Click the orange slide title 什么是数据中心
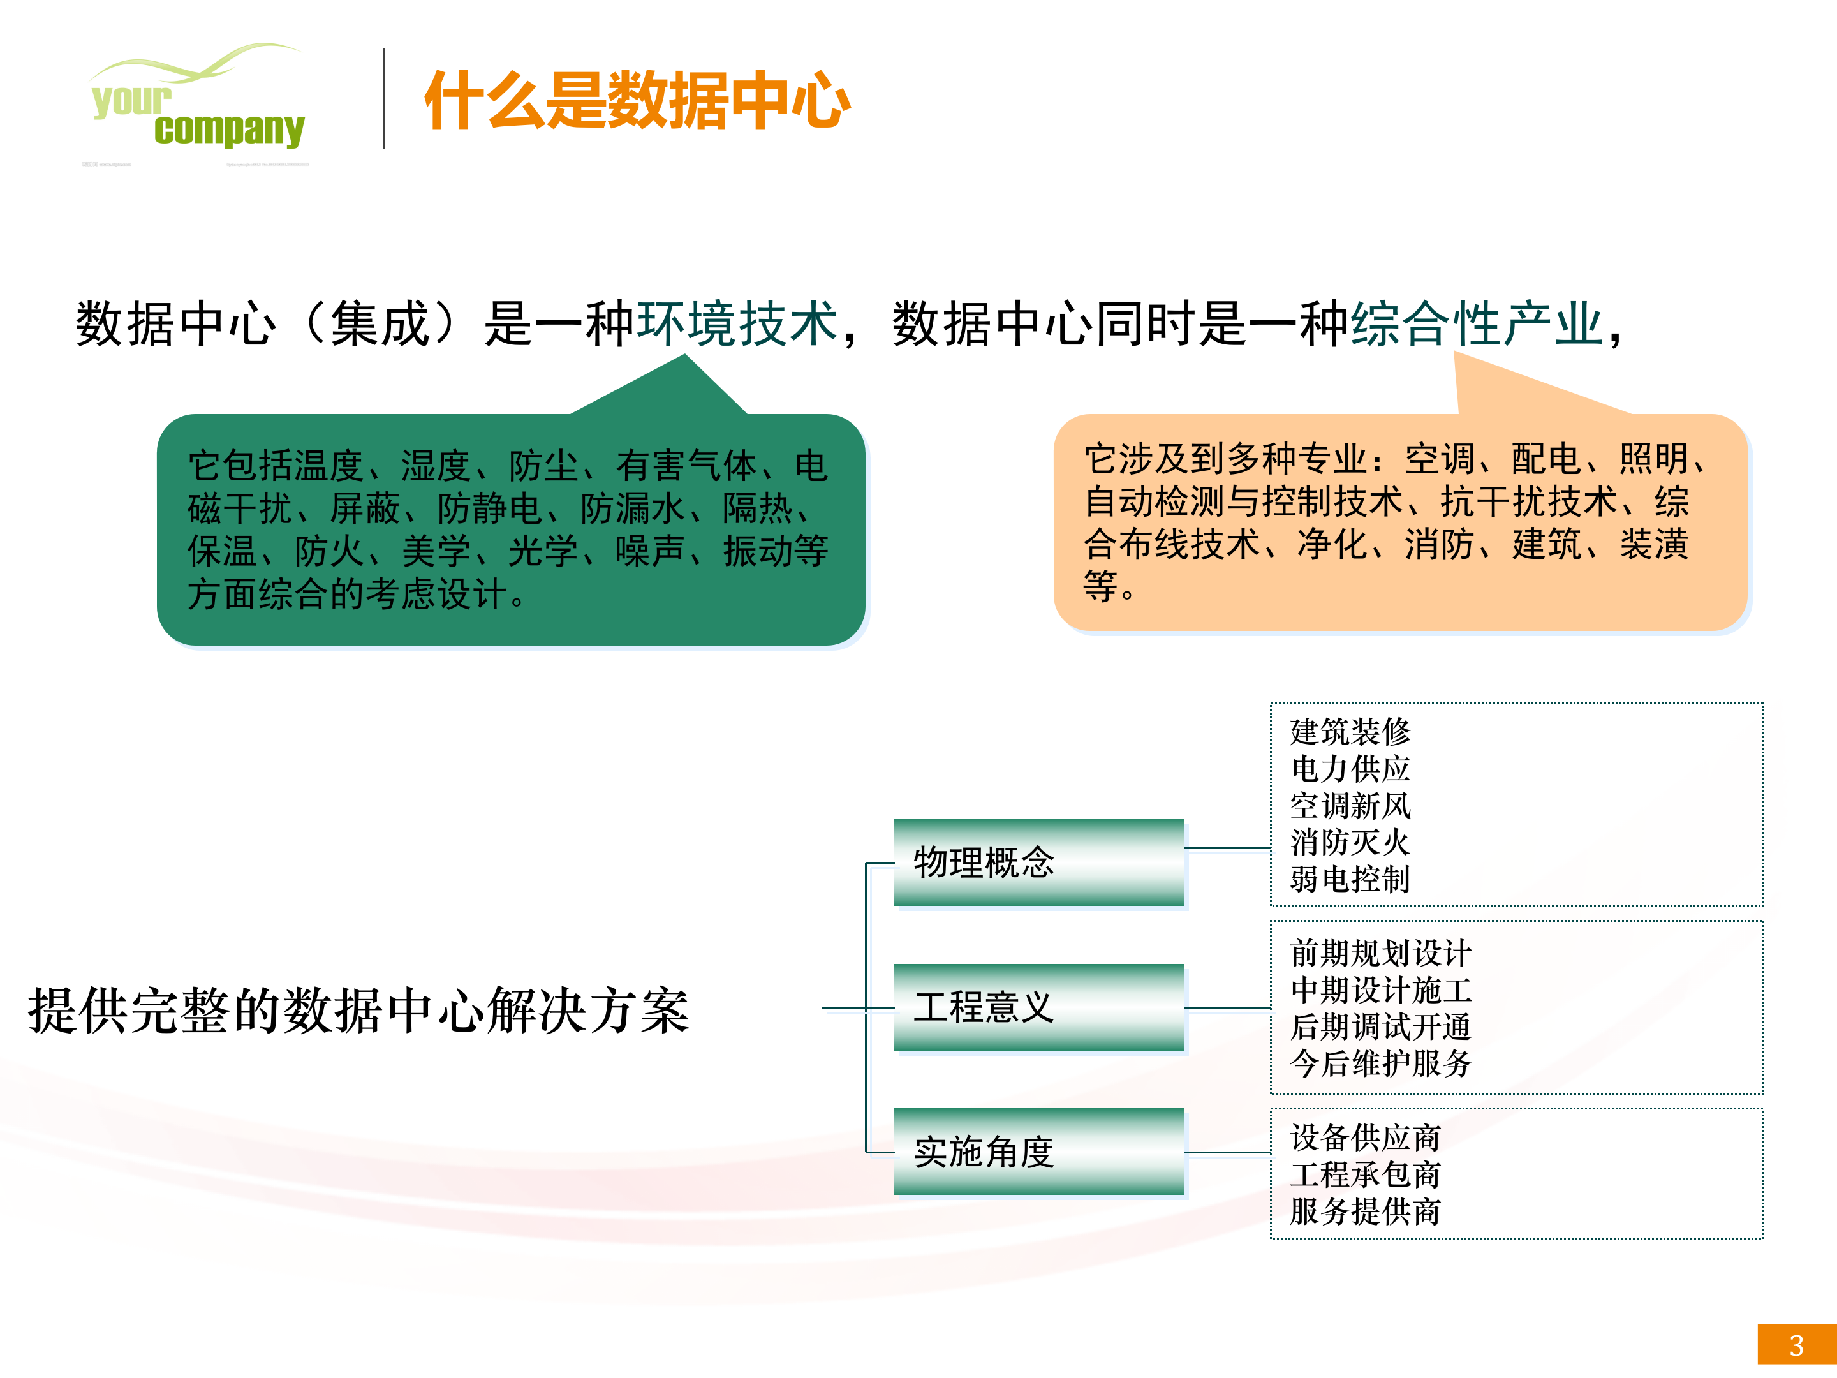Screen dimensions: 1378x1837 [x=637, y=101]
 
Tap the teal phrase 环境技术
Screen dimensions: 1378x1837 [x=737, y=323]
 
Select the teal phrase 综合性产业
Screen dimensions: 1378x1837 [x=1477, y=323]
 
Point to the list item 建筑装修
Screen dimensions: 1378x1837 [x=1350, y=732]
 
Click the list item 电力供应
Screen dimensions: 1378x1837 [x=1350, y=768]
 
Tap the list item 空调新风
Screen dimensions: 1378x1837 [x=1350, y=806]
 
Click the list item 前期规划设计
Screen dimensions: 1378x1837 [x=1380, y=952]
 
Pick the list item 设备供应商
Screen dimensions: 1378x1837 [x=1364, y=1137]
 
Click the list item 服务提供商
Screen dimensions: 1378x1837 [x=1364, y=1211]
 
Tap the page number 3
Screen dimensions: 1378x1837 [x=1796, y=1345]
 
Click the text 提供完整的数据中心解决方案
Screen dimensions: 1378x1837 [x=358, y=1011]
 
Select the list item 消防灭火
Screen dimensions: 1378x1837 [x=1350, y=842]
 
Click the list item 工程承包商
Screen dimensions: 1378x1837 [x=1364, y=1174]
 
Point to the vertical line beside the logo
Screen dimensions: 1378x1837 [x=384, y=98]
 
